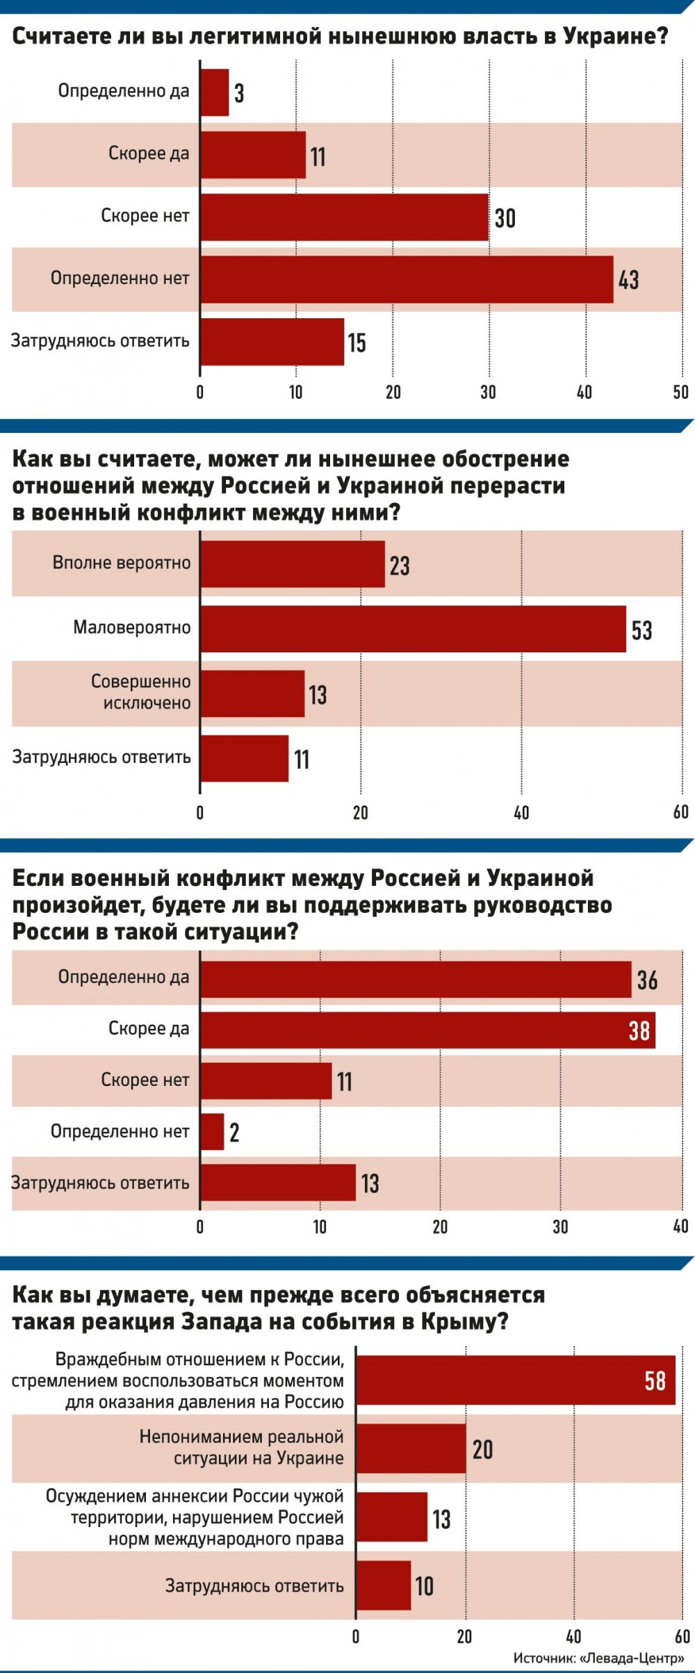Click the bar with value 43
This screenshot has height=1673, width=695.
coord(407,279)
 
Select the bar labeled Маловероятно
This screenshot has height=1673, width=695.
coord(414,629)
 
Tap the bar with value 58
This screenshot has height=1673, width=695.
coord(516,1380)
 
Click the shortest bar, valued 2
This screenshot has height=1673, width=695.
coord(213,1132)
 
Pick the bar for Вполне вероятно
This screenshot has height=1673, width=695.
coord(293,564)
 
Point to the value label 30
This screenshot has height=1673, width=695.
coord(505,218)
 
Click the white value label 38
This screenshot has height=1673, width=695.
coord(639,1030)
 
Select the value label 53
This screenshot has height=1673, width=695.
coord(641,630)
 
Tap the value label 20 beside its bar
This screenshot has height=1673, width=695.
coord(482,1449)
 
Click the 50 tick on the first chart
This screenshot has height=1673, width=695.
coord(681,393)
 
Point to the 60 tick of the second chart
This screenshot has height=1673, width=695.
coord(681,812)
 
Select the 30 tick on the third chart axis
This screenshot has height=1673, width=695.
coord(560,1227)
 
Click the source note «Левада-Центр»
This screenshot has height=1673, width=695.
coord(598,1658)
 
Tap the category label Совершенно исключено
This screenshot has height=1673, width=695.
coord(141,692)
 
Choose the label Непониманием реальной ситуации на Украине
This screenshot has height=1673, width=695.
coord(242,1447)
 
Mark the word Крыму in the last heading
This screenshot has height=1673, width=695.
coord(457,1321)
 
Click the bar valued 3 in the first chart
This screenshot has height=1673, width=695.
coord(215,92)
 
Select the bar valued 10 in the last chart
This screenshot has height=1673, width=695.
coord(384,1585)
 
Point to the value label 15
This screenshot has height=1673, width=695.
coord(357,343)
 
